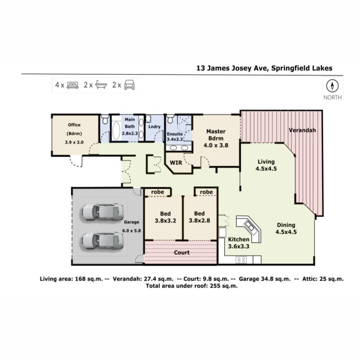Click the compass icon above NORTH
coord(332,86)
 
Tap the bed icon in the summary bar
coord(72,85)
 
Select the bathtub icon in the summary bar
coord(101,85)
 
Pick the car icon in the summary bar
coord(130,85)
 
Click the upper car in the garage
coord(103,211)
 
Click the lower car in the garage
coord(103,241)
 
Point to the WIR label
coord(176,162)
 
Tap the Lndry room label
coord(154,126)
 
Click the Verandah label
coord(302,130)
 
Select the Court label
coord(182,252)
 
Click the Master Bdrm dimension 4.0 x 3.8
coord(216,145)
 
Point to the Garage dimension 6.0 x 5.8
coord(131,230)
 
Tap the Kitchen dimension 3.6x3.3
coord(238,246)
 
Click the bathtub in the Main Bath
coord(116,130)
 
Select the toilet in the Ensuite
coord(170,119)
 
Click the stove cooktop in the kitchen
coord(241,260)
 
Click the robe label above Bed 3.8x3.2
coord(157,192)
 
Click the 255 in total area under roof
coord(215,286)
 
